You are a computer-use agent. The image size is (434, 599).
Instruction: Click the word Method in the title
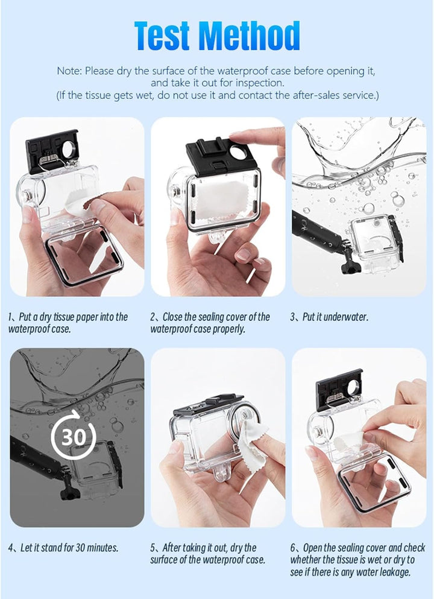[249, 36]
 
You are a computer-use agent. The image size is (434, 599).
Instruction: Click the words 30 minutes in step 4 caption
[90, 548]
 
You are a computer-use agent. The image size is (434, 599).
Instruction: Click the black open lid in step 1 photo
[51, 151]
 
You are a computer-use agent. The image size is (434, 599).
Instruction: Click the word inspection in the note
[260, 83]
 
